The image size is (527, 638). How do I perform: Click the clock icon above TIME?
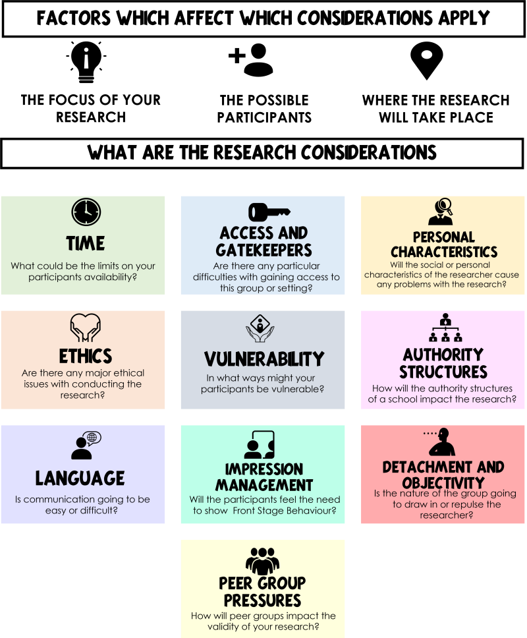coord(86,212)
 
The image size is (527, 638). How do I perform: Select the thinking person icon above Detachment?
coord(441,442)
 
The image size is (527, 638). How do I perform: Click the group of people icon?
coord(263,560)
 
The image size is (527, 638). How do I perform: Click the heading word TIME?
coord(86,244)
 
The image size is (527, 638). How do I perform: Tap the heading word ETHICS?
coord(86,357)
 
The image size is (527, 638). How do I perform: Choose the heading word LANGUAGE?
coord(80,478)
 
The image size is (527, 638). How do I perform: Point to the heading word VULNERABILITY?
coord(264,359)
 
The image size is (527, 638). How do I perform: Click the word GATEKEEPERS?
coord(264,250)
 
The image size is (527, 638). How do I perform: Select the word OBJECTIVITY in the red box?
coord(443,483)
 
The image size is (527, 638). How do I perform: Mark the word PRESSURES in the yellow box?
coord(263,600)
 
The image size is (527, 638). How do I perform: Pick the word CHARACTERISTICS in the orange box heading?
coord(444,252)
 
